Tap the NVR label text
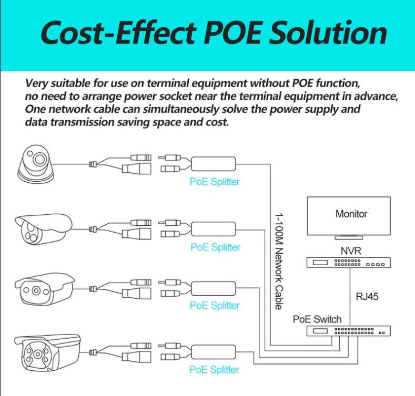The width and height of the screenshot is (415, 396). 351,251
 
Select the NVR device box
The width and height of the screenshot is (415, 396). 349,263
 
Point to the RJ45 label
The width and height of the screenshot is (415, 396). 367,297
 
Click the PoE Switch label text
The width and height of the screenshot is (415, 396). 317,319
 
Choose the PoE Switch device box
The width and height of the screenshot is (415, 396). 349,331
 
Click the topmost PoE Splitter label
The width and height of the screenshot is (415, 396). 215,182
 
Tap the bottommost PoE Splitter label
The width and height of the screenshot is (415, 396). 215,370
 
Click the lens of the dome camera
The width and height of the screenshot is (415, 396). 38,158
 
